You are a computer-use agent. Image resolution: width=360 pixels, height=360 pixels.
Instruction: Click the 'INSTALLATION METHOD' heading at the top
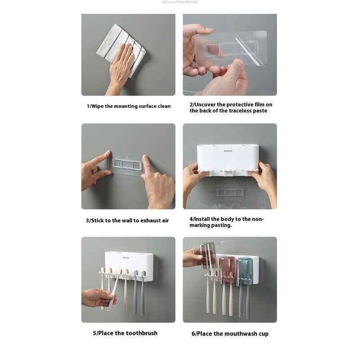click(180, 2)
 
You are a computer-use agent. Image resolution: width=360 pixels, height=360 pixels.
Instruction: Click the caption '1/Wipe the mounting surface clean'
click(129, 106)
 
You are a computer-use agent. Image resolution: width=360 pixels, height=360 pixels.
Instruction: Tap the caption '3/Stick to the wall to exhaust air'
click(127, 220)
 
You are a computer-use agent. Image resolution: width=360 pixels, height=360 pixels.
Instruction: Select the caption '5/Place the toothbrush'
click(125, 333)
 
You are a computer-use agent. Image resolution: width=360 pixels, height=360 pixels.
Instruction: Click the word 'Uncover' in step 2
click(207, 104)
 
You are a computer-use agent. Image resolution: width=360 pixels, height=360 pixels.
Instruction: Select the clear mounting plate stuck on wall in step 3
click(127, 164)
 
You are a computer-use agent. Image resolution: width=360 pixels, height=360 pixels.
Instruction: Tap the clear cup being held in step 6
click(208, 255)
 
